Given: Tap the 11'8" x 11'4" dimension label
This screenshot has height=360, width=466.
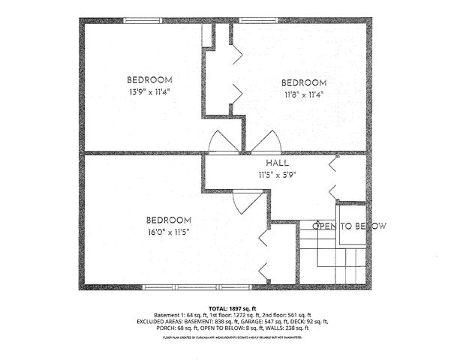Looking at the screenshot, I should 304,94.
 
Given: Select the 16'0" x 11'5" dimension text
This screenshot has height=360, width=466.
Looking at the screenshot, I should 168,232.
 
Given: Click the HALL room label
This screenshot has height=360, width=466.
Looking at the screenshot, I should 278,163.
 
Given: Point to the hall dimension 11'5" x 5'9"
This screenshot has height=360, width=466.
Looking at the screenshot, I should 278,175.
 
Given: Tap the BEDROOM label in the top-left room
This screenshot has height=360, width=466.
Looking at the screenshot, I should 149,80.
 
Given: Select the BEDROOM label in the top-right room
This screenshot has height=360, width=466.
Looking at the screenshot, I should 304,82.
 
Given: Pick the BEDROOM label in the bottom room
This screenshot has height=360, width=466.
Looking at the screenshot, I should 168,220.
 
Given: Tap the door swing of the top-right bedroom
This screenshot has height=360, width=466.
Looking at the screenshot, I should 266,142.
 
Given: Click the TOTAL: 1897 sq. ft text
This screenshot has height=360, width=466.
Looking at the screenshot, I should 233,308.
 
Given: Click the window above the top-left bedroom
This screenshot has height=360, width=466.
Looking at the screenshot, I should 145,20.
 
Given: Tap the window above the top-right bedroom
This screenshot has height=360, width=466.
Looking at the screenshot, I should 260,20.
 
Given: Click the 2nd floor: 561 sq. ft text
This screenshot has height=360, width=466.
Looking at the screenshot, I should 286,315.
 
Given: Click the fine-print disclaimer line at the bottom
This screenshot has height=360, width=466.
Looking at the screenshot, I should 233,337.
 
